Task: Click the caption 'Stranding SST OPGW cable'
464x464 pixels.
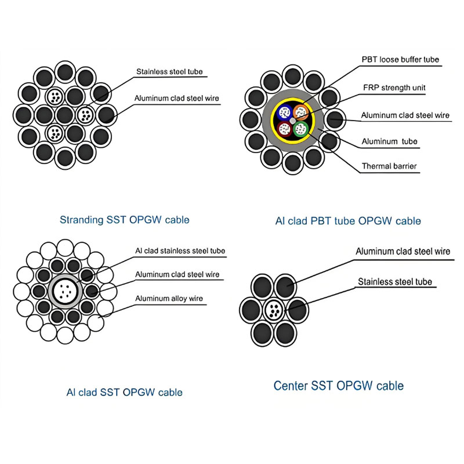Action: click(x=125, y=220)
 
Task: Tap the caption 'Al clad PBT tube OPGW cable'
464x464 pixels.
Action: click(x=348, y=221)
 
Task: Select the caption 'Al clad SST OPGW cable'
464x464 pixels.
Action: click(x=124, y=393)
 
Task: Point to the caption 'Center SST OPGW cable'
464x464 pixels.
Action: click(x=339, y=386)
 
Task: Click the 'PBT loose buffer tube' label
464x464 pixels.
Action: click(x=400, y=59)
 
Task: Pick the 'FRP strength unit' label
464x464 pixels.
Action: click(x=394, y=88)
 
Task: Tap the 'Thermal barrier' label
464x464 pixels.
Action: click(x=389, y=166)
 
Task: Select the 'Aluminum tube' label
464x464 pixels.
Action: click(x=389, y=142)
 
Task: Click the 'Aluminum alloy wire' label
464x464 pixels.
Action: click(x=169, y=299)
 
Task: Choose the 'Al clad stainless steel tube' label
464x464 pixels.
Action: click(x=180, y=251)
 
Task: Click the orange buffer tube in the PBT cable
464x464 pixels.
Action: click(x=300, y=111)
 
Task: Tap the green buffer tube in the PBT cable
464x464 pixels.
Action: click(x=300, y=128)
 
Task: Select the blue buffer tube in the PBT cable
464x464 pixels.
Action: click(x=283, y=111)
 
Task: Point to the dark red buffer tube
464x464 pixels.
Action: click(x=284, y=128)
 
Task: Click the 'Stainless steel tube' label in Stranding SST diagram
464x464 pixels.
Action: click(x=169, y=72)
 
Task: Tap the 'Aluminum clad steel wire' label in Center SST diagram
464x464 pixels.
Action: click(x=403, y=252)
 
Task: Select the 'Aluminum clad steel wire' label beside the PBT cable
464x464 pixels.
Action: click(x=405, y=115)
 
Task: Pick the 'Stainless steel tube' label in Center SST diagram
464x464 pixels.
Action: click(x=395, y=282)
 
